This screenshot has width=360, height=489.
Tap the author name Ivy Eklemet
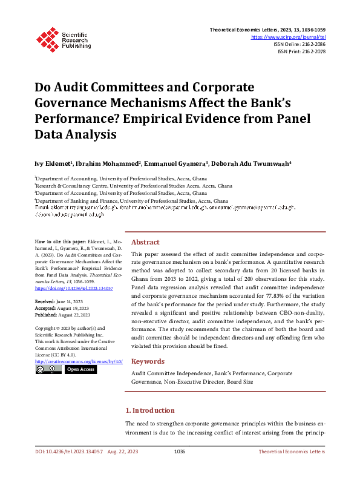[54, 163]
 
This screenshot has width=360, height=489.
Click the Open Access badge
[80, 369]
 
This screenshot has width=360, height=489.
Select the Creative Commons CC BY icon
[48, 369]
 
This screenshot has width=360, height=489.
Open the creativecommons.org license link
[79, 361]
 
